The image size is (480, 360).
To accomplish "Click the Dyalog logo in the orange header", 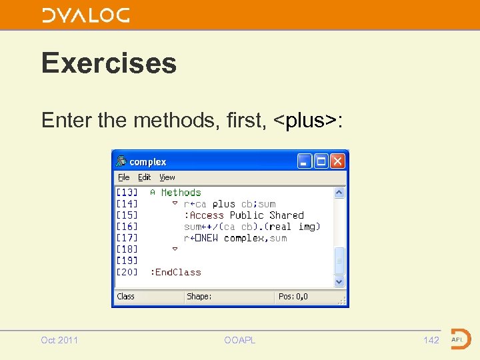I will click(x=86, y=15).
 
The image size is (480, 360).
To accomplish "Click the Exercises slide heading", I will click(x=109, y=63).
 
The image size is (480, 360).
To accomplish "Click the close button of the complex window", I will click(x=339, y=161).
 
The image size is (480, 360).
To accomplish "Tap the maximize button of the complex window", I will click(x=321, y=161).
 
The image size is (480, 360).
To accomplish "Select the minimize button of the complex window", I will click(x=305, y=161).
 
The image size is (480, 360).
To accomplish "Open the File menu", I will click(x=124, y=177).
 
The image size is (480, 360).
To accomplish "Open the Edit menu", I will click(x=144, y=177).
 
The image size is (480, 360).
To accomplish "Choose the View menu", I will click(x=167, y=177).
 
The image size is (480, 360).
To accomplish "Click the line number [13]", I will click(x=127, y=193).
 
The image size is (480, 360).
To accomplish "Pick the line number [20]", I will click(x=127, y=272).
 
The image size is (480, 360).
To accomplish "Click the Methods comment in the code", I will click(x=181, y=193).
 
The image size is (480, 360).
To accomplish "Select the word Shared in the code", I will click(x=287, y=215).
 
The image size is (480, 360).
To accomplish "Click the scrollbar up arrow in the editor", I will click(x=339, y=193).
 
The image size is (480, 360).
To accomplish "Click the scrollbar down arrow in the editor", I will click(x=339, y=281).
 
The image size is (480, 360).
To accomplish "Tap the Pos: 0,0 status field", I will click(x=293, y=297).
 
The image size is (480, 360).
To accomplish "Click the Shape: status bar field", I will click(x=199, y=297).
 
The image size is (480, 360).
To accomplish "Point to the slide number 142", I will click(x=431, y=341).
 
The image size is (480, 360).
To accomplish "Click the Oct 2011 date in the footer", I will click(x=59, y=341).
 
